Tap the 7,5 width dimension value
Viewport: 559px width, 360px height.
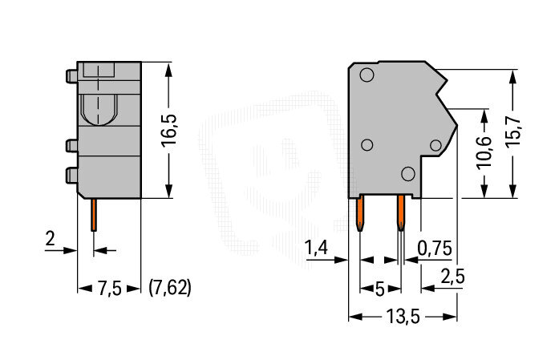(x=109, y=288)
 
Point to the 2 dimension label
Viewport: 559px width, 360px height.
(x=51, y=239)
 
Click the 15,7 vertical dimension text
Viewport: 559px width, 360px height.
(x=513, y=131)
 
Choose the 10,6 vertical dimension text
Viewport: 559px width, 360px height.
(x=484, y=152)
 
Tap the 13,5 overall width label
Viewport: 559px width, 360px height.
(x=403, y=316)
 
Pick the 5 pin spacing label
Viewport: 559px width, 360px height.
(x=379, y=289)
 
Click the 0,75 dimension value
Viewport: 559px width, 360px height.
(x=435, y=248)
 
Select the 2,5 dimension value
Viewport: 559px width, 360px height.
(x=453, y=276)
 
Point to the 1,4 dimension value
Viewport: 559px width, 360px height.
(x=316, y=248)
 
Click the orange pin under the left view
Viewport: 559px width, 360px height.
(x=94, y=215)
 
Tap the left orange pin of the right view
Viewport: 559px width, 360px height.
(x=360, y=213)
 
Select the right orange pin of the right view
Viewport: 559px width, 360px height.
(x=401, y=213)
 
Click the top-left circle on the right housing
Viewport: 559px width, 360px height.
(x=367, y=75)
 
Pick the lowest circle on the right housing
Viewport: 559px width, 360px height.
(x=408, y=174)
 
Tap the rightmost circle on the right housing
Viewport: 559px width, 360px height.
(x=435, y=145)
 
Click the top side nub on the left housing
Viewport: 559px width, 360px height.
(x=71, y=77)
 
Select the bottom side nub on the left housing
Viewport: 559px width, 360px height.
(x=71, y=176)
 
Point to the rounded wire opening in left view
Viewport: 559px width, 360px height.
(x=99, y=110)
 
